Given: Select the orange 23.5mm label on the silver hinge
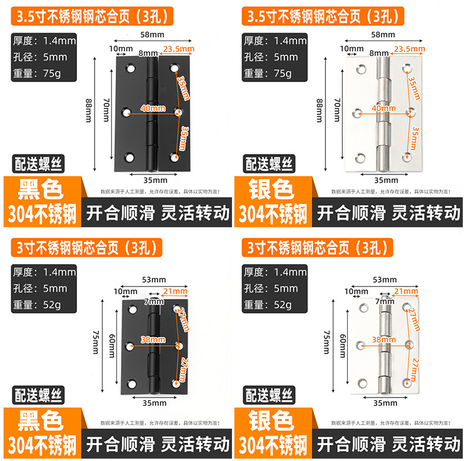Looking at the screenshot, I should pos(406,48).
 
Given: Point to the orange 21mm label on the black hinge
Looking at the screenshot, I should pos(176,291).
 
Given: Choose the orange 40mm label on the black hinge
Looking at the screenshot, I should pos(152,108).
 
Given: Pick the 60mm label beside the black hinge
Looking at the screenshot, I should pos(112,342).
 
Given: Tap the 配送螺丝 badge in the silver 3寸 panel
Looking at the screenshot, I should pos(270,395).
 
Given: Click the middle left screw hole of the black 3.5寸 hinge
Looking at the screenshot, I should pos(128,111).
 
